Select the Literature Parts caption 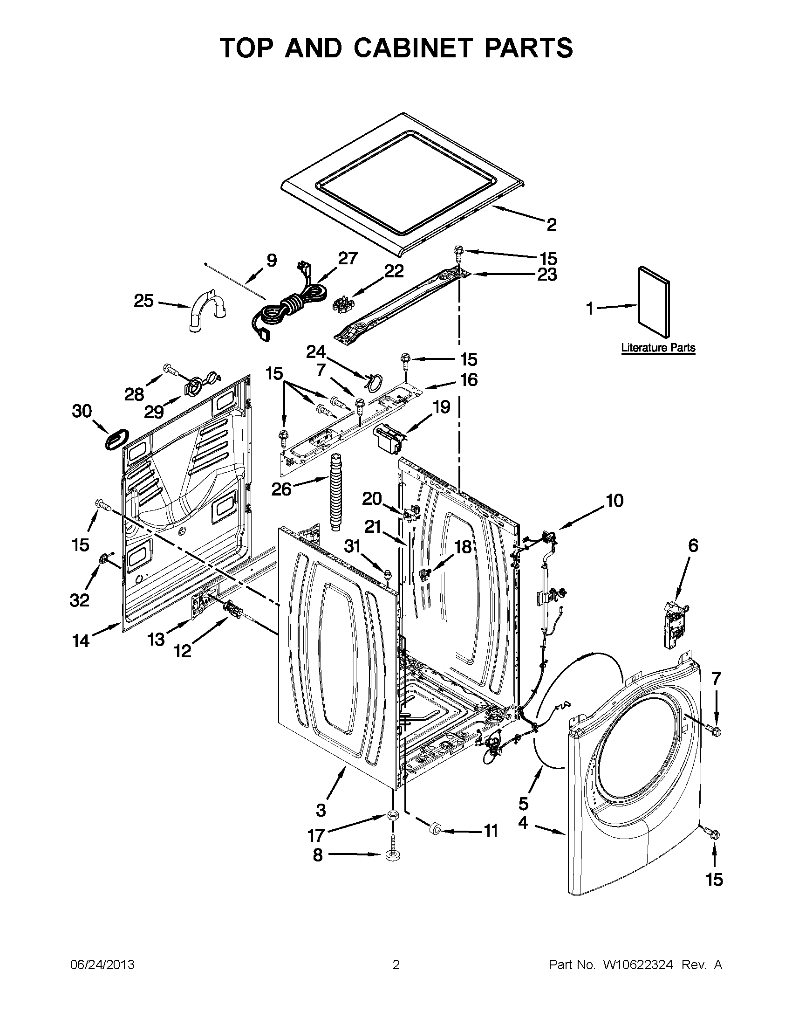point(658,348)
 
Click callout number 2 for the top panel point(551,225)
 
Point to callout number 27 point(348,258)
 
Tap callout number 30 point(82,411)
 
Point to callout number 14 point(81,640)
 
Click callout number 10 point(614,501)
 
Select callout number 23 point(546,275)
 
